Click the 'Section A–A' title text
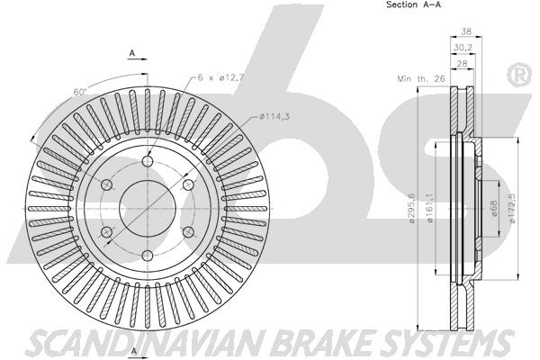(x=413, y=4)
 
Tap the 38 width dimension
(x=466, y=31)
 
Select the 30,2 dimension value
(x=463, y=48)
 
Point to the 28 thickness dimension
(x=463, y=63)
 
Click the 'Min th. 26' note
(x=421, y=79)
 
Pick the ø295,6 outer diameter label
(x=411, y=208)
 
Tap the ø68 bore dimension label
(x=494, y=209)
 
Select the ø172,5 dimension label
(x=513, y=208)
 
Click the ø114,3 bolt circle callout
(x=274, y=117)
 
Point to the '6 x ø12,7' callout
(x=220, y=77)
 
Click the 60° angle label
(x=79, y=92)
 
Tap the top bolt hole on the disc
(x=148, y=161)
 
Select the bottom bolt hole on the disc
(x=148, y=256)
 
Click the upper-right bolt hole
(x=188, y=185)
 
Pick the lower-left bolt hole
(x=107, y=232)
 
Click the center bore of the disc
(x=148, y=209)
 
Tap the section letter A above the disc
(x=132, y=53)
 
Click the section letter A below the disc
(x=134, y=351)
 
